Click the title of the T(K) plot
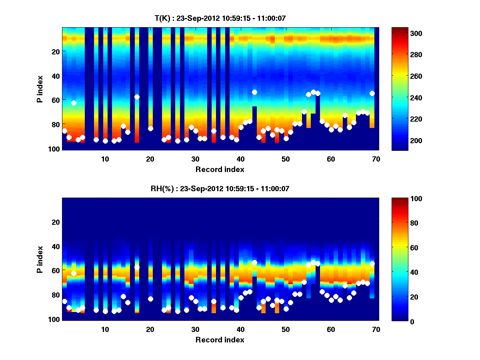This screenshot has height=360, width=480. tap(220, 18)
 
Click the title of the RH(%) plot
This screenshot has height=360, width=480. tap(220, 189)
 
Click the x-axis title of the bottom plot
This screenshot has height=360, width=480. tap(220, 340)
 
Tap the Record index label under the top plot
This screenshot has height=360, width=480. tap(220, 169)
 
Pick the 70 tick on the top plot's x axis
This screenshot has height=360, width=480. tap(376, 159)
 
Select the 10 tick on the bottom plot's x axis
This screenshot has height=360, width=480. tap(105, 329)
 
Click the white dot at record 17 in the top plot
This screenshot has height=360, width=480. tap(137, 97)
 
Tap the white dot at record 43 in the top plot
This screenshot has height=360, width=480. tap(254, 92)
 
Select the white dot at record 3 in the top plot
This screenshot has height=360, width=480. tap(74, 103)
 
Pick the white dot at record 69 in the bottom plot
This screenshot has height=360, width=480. tap(372, 264)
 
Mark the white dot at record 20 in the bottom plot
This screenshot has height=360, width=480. tap(150, 299)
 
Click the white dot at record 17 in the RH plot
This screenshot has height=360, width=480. tap(137, 267)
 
